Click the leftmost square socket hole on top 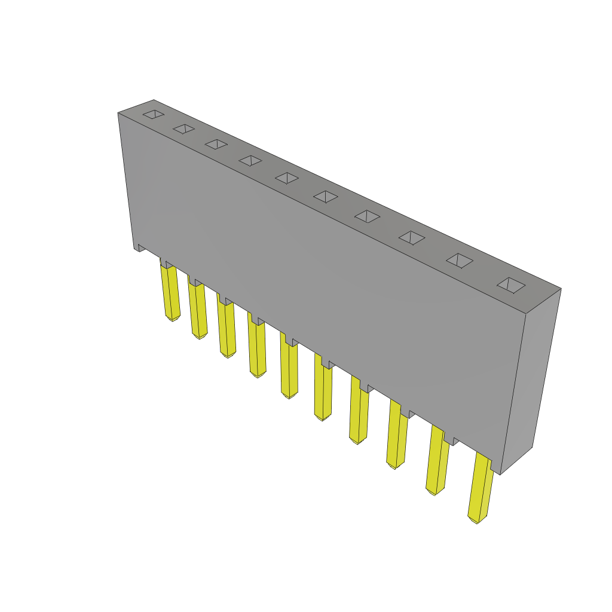[x=154, y=114]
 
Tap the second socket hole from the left [x=183, y=128]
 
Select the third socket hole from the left [x=216, y=144]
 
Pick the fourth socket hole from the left [x=250, y=160]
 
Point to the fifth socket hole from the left [x=287, y=178]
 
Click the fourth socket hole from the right [x=368, y=216]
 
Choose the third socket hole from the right [x=412, y=238]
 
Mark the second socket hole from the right [x=460, y=261]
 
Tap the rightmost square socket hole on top [x=511, y=285]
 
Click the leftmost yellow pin [x=170, y=293]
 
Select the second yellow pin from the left [x=198, y=311]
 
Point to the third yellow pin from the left [x=227, y=329]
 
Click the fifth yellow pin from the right [x=323, y=391]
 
